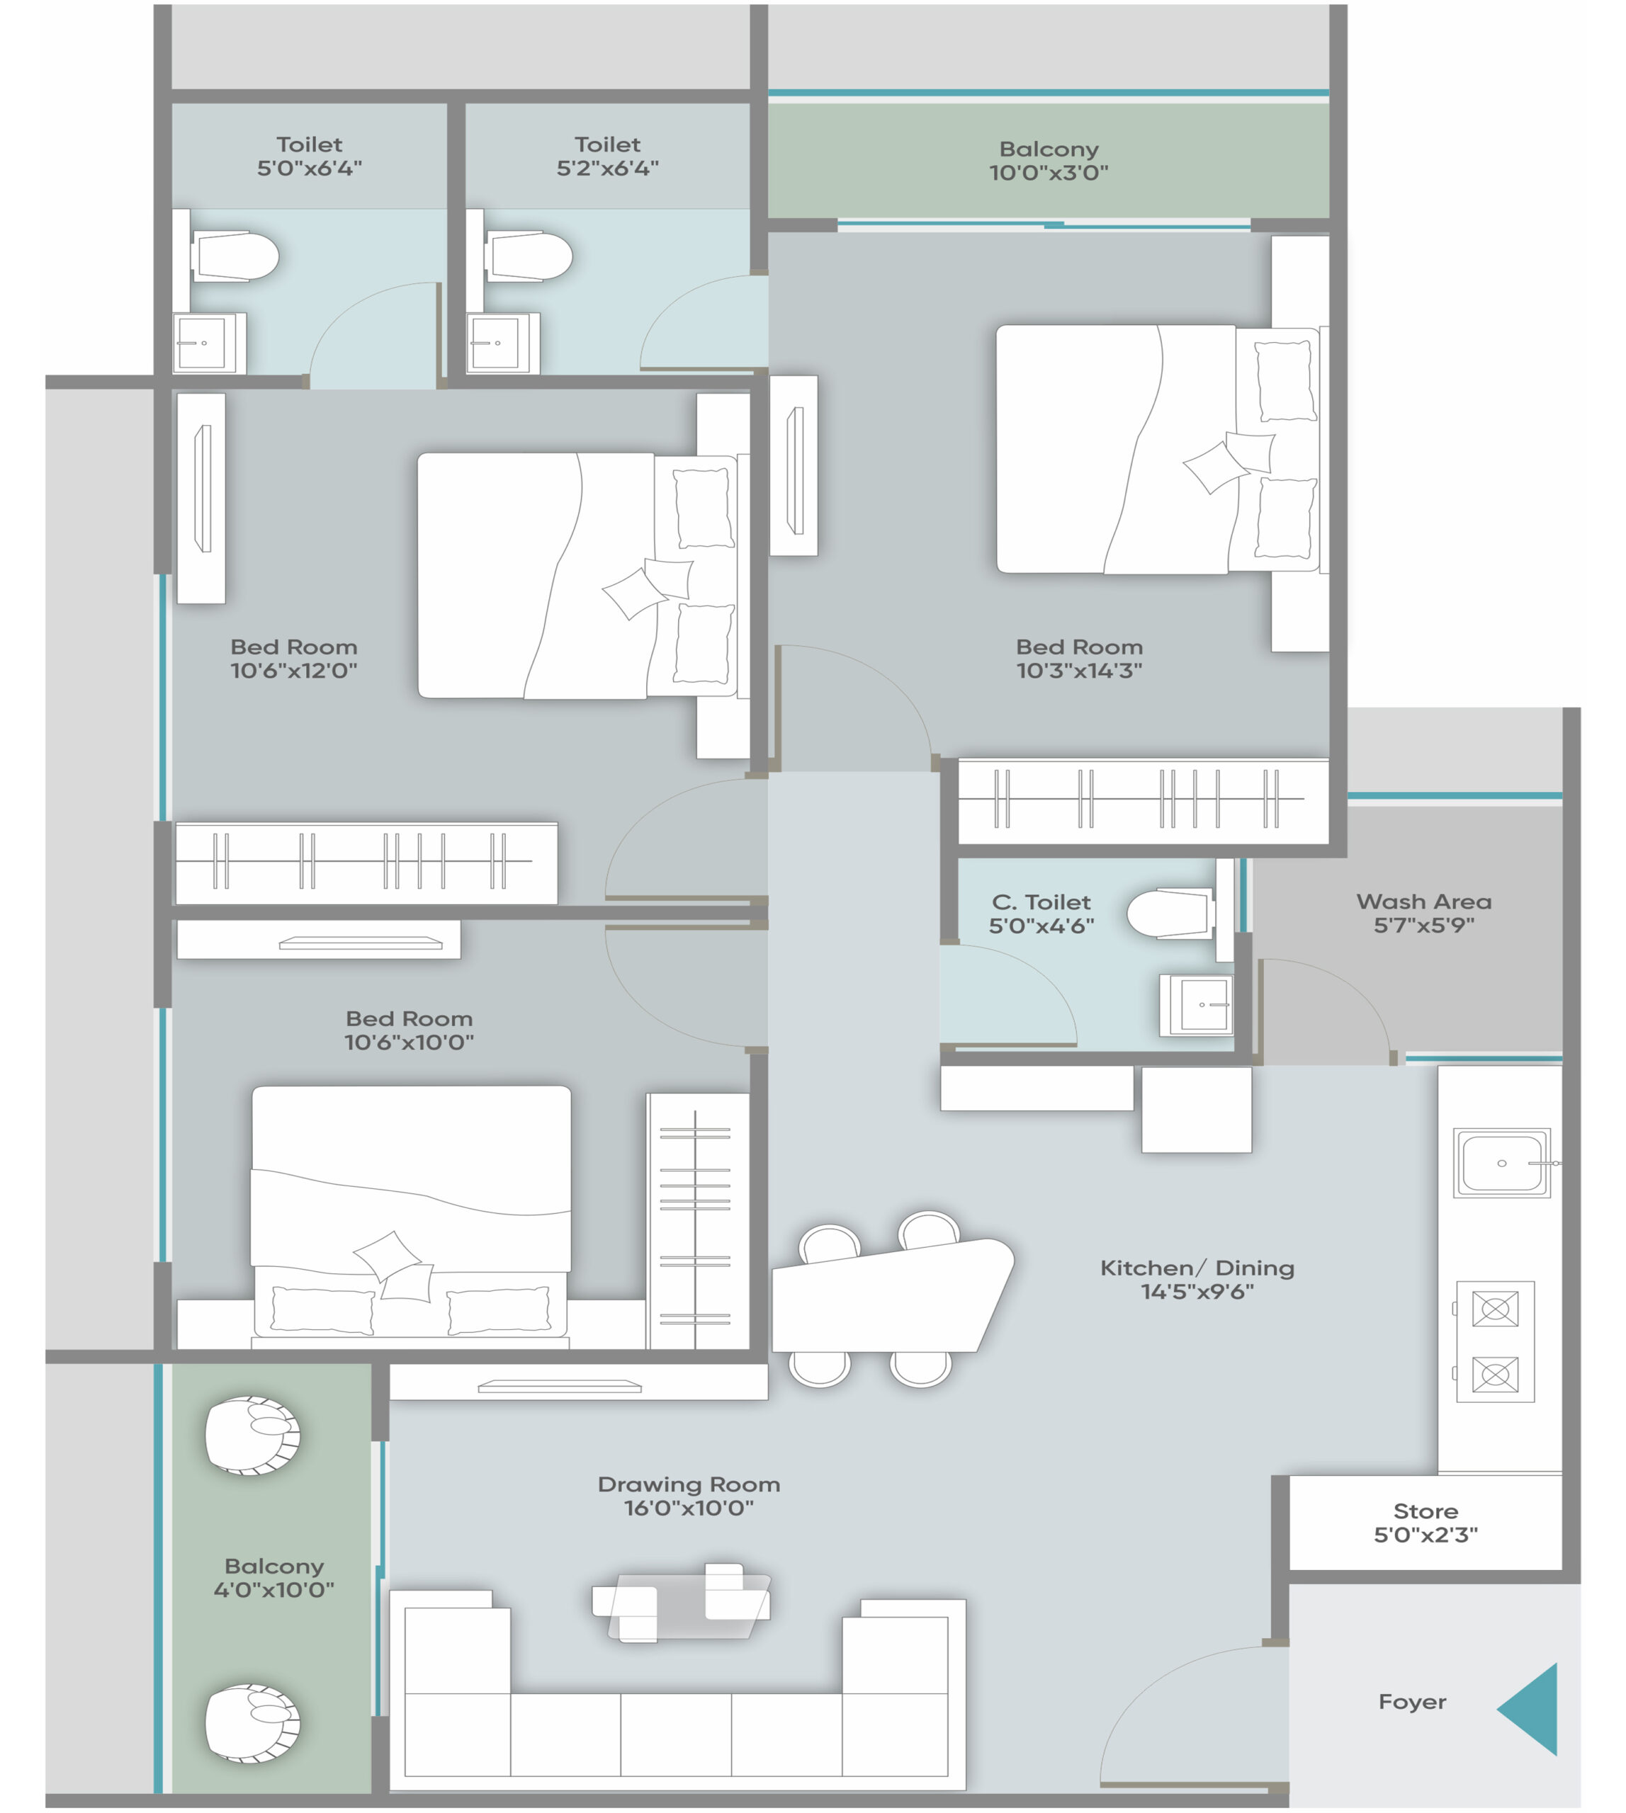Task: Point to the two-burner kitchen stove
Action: point(1495,1341)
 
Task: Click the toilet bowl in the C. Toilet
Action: point(1170,913)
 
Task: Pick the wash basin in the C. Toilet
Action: point(1197,1005)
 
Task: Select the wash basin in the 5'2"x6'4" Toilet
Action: point(502,343)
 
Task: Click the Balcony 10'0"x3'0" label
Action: point(1049,161)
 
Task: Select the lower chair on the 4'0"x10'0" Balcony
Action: point(253,1723)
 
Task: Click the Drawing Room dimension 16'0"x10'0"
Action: point(688,1508)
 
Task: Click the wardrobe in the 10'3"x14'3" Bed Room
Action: point(1143,800)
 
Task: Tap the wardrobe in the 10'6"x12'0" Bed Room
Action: point(366,863)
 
